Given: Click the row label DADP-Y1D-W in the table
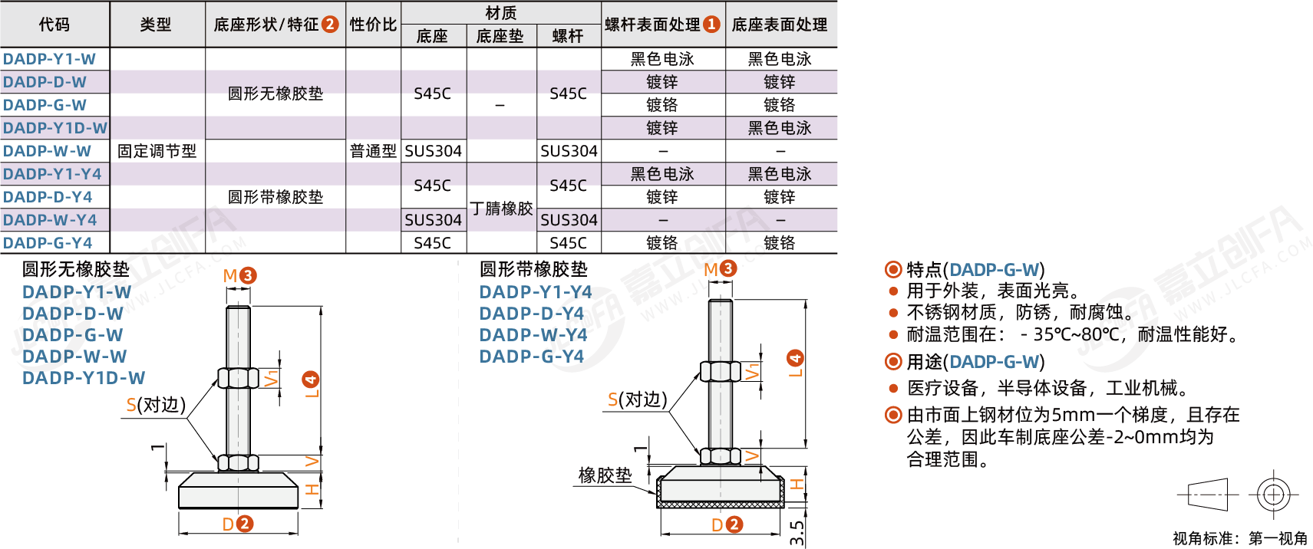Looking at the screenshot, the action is pos(55,128).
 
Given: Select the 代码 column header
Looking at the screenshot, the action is pos(54,25).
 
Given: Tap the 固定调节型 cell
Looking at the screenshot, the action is pos(157,151).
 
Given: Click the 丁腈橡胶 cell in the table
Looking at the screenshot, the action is pos(501,208).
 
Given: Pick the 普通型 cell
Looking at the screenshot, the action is pos(374,151).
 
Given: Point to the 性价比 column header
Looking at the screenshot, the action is pos(374,25).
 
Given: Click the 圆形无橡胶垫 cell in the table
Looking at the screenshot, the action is pos(275,94).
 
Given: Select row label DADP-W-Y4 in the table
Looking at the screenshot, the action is pos(50,220).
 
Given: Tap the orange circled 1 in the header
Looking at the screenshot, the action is pos(711,25).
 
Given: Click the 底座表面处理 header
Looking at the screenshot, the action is pos(780,25).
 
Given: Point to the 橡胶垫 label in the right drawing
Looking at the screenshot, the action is pos(605,475).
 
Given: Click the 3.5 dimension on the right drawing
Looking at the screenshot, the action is pos(797,533).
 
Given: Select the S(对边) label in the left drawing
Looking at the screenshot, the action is pos(156,405).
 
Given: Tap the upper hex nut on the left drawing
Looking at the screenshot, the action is pos(238,378).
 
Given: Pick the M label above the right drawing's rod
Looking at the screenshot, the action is pos(711,270).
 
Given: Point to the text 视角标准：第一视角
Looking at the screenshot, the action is pos(1240,538).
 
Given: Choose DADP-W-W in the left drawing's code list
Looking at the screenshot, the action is pos(74,357).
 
